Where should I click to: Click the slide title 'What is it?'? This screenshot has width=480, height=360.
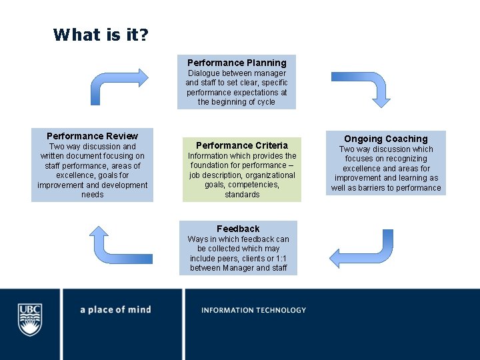(101, 34)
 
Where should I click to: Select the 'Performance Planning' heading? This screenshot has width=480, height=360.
(237, 63)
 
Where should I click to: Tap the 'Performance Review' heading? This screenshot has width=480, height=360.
(93, 136)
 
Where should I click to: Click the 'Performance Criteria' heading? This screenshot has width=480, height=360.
(242, 145)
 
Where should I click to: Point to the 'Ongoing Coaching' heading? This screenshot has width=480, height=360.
(386, 139)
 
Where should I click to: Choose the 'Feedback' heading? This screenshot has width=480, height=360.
(238, 229)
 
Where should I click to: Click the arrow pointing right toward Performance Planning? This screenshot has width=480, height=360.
(119, 85)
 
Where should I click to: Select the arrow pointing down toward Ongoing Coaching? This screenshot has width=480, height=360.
(361, 88)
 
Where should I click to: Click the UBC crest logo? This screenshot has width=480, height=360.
(30, 319)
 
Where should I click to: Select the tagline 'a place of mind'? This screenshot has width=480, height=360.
(115, 310)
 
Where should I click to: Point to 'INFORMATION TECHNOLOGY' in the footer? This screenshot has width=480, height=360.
(253, 310)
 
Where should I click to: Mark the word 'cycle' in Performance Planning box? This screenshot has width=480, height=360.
(264, 102)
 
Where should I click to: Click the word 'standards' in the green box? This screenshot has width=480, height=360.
(242, 195)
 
